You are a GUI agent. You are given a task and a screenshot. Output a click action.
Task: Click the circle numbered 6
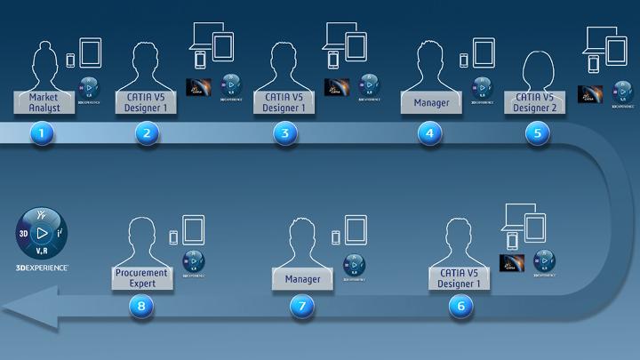point(460,306)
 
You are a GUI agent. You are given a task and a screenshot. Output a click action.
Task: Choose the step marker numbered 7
point(302,306)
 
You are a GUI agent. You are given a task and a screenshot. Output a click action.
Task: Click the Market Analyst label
point(43,101)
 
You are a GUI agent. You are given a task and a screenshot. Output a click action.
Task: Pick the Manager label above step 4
point(431,102)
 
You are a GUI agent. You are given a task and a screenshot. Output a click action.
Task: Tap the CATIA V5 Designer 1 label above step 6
point(460,278)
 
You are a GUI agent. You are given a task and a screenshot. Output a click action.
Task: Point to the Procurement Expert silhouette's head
point(141,234)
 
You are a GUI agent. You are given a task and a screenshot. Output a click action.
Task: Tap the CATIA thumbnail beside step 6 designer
point(512,261)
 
